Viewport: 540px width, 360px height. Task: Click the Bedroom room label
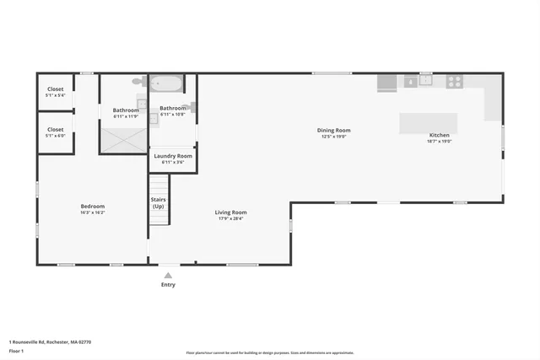(93, 207)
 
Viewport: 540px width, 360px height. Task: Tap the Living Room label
(230, 212)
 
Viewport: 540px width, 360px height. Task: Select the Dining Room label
(334, 131)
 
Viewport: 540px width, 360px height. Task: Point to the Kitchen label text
(440, 135)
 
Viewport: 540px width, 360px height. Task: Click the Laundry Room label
(173, 156)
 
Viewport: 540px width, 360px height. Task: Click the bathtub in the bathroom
(165, 83)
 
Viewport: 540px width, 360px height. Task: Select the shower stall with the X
(124, 140)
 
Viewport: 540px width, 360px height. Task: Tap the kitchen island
(428, 122)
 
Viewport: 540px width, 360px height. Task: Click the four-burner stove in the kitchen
(454, 82)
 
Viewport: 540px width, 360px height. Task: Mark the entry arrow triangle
(168, 275)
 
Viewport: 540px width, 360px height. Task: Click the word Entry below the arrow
(169, 285)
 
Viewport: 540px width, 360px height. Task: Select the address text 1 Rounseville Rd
(51, 342)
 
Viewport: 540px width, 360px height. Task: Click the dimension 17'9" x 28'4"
(230, 218)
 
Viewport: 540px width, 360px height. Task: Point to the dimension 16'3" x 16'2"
(93, 212)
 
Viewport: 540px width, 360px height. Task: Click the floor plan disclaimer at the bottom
(270, 353)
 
